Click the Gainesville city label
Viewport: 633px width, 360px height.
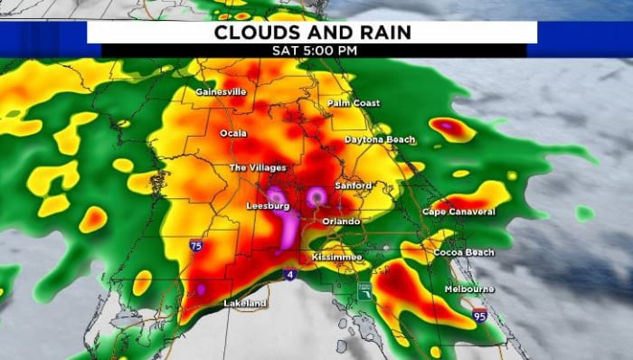[x=221, y=92]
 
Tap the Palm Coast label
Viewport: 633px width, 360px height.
[x=354, y=103]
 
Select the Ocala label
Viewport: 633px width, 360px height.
[x=232, y=133]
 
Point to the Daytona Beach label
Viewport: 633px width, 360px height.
[x=381, y=140]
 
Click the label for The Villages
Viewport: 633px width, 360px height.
[x=258, y=168]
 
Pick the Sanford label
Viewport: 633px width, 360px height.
[x=353, y=185]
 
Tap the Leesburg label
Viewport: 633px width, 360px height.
[x=268, y=206]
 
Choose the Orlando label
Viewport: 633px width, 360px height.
[x=342, y=221]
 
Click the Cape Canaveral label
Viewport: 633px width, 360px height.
[x=458, y=212]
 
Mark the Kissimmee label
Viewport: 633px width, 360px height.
[x=336, y=258]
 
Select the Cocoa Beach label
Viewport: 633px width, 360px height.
[x=464, y=252]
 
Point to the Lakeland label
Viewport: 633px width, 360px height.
[x=245, y=303]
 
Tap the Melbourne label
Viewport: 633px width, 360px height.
[x=469, y=289]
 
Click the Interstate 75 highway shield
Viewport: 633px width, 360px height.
[x=196, y=245]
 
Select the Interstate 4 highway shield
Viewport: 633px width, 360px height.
[x=288, y=275]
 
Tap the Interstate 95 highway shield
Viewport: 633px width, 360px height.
[x=479, y=315]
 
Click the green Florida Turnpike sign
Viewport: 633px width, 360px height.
[x=364, y=290]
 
